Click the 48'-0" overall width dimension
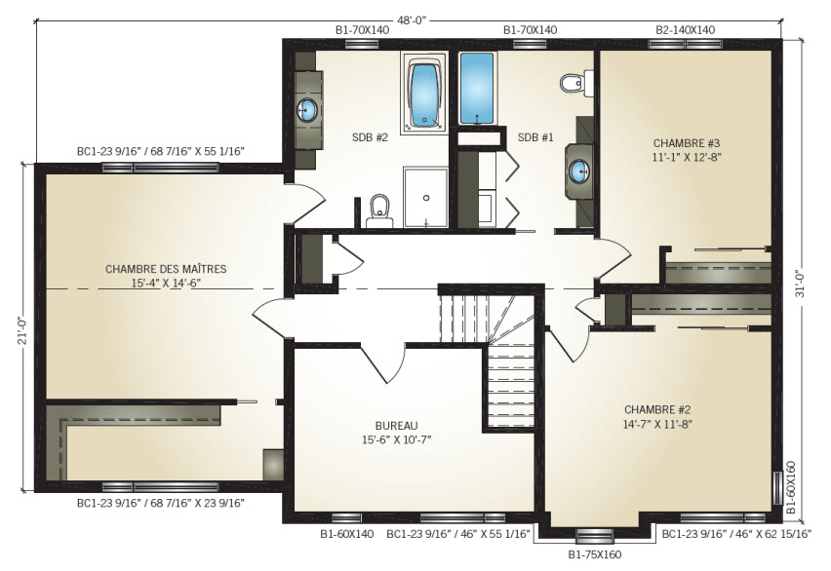[413, 20]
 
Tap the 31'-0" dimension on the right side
[800, 284]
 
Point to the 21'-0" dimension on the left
[22, 331]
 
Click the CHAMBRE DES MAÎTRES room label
[166, 269]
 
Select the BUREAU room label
[396, 426]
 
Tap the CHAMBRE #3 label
[687, 143]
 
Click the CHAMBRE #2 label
[657, 409]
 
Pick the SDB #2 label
[370, 137]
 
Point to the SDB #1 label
[535, 137]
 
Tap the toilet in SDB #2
[379, 210]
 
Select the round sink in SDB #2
[307, 110]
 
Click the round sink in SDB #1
[579, 171]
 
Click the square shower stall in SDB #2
[426, 198]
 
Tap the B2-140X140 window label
[686, 30]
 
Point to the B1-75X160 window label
[595, 555]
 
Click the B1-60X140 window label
[347, 534]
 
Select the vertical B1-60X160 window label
[791, 487]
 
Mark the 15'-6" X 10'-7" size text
[396, 439]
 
